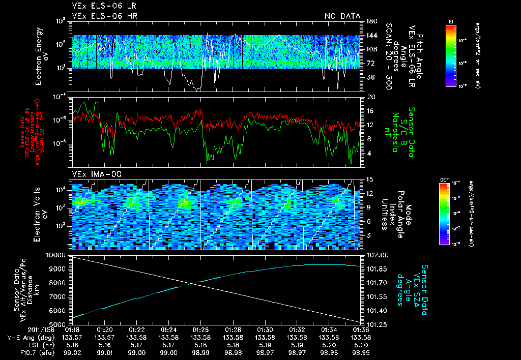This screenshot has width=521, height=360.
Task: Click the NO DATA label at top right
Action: click(x=342, y=16)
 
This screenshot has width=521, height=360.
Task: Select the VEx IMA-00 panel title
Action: click(x=93, y=174)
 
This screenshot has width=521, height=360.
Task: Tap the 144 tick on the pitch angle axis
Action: click(x=371, y=36)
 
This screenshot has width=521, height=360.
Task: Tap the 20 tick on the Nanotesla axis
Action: click(x=370, y=97)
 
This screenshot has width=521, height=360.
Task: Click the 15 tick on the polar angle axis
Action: click(x=370, y=179)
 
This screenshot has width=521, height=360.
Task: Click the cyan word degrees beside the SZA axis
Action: click(x=400, y=291)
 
